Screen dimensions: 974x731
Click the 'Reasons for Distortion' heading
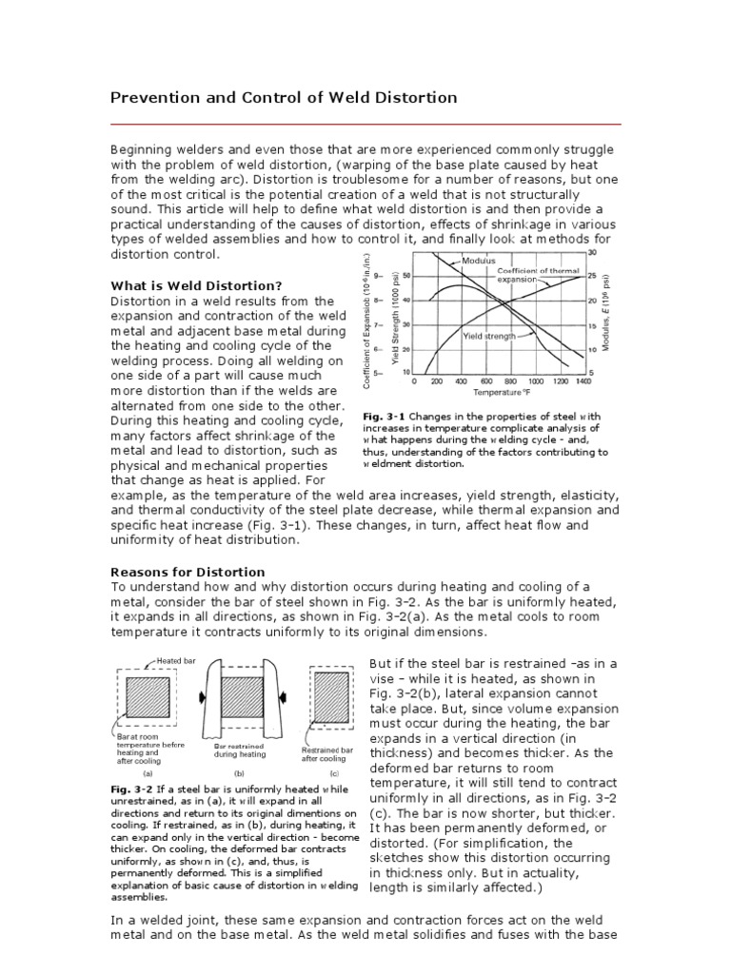pos(188,572)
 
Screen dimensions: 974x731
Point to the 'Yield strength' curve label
pos(489,336)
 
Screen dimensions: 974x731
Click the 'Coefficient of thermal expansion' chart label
pos(539,276)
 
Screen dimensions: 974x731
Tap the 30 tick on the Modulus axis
pos(593,253)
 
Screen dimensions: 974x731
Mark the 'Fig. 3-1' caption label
pos(380,417)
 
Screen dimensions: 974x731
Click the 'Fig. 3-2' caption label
pos(128,789)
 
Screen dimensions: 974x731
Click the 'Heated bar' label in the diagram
pos(175,660)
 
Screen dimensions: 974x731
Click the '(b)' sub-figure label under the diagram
pos(239,774)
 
